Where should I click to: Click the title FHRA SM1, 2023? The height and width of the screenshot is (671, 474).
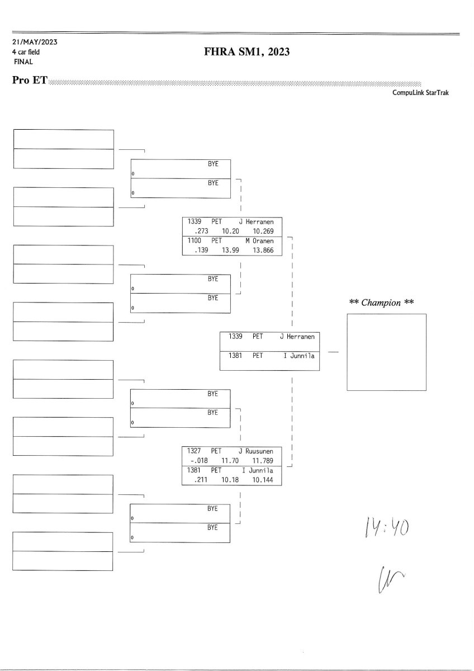247,53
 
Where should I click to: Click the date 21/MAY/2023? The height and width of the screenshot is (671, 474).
34,42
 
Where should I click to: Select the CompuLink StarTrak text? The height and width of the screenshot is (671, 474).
420,93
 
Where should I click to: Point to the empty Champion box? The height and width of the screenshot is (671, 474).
387,352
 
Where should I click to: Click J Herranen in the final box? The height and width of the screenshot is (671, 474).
297,337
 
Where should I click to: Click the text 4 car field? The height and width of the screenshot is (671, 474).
26,52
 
